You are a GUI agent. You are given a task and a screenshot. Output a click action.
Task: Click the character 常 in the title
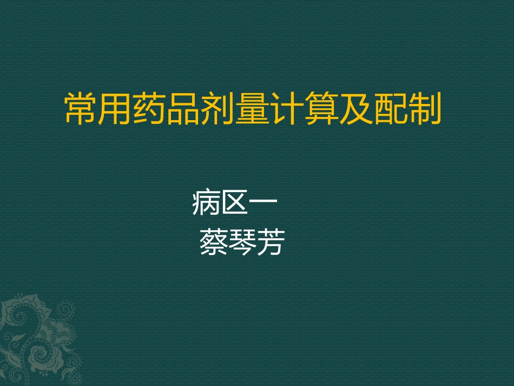pos(81,109)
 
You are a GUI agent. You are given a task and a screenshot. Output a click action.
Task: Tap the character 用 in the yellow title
pos(116,109)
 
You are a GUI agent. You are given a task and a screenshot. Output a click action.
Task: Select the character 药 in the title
pos(150,109)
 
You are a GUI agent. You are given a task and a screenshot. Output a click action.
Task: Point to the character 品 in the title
pos(184,109)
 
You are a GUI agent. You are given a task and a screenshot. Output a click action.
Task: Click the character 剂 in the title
pos(219,109)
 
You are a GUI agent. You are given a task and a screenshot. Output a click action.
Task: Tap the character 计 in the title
pos(287,109)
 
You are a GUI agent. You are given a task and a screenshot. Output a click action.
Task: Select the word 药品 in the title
pos(167,109)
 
